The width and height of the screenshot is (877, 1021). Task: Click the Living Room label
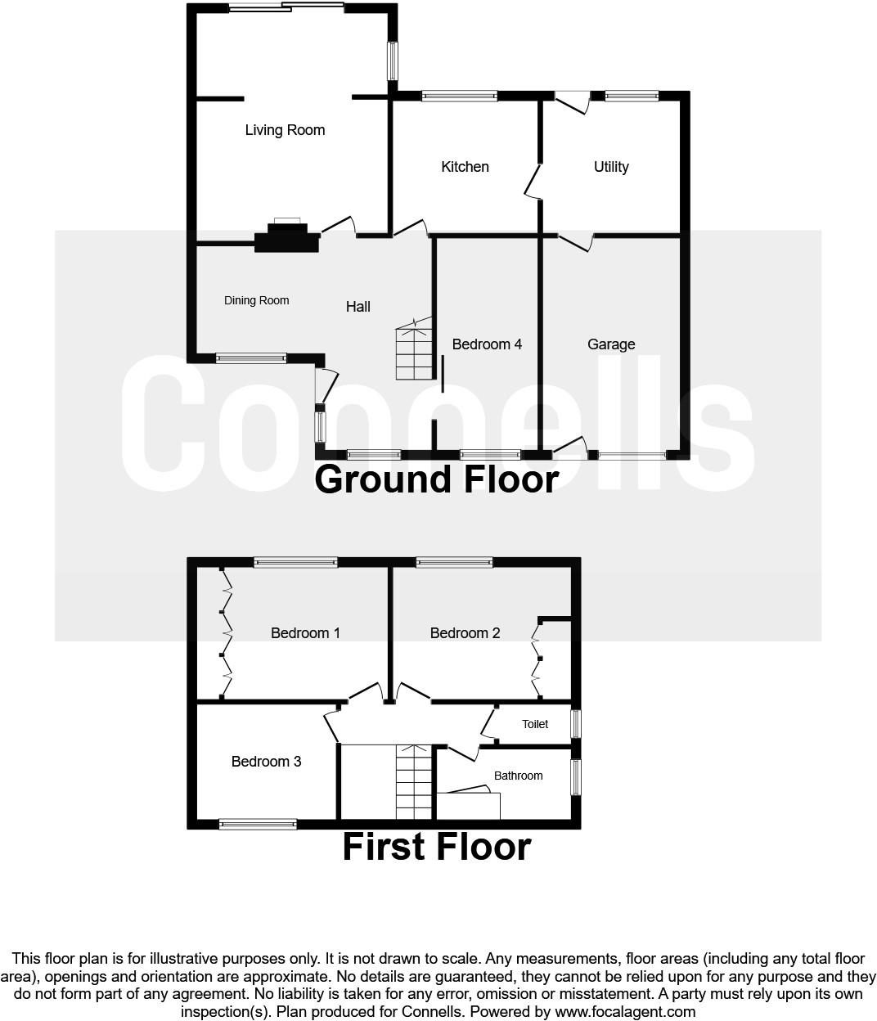(x=285, y=130)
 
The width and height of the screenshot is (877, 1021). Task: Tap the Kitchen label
(x=465, y=166)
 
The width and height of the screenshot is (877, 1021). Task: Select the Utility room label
(x=611, y=167)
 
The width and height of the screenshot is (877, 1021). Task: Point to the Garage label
(x=611, y=344)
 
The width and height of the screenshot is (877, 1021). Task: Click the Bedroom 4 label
(x=487, y=344)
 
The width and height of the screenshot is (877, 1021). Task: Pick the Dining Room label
(x=256, y=300)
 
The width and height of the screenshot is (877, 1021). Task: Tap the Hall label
(x=358, y=307)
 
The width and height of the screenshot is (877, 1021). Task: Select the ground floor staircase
(x=414, y=349)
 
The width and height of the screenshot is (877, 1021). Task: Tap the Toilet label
(x=535, y=724)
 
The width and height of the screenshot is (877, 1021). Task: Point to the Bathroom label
(x=519, y=776)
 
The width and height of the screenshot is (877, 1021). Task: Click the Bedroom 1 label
(x=305, y=633)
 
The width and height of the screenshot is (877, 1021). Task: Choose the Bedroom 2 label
(x=465, y=633)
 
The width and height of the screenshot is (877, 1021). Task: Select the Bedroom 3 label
(x=267, y=762)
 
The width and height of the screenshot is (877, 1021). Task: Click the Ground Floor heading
(x=437, y=479)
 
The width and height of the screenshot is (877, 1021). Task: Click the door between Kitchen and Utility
(x=533, y=182)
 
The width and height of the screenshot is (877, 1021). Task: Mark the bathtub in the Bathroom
(x=469, y=805)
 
